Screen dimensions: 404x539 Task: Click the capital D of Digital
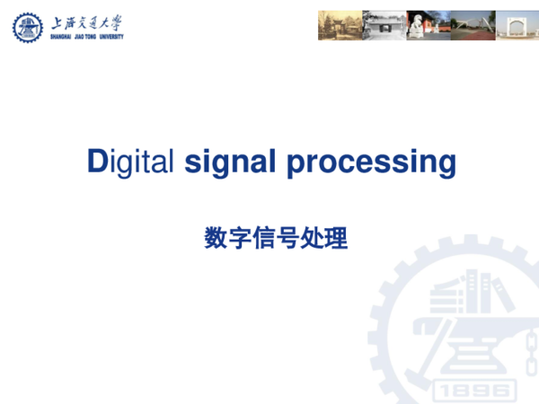[97, 162]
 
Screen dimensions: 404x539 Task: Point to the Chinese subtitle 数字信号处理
[276, 239]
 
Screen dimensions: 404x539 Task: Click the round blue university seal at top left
[28, 27]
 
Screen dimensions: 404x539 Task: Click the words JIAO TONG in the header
[81, 38]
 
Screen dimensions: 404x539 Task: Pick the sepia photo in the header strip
[339, 25]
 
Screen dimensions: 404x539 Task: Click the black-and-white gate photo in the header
[384, 25]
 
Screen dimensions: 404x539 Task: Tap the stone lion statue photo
[427, 25]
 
